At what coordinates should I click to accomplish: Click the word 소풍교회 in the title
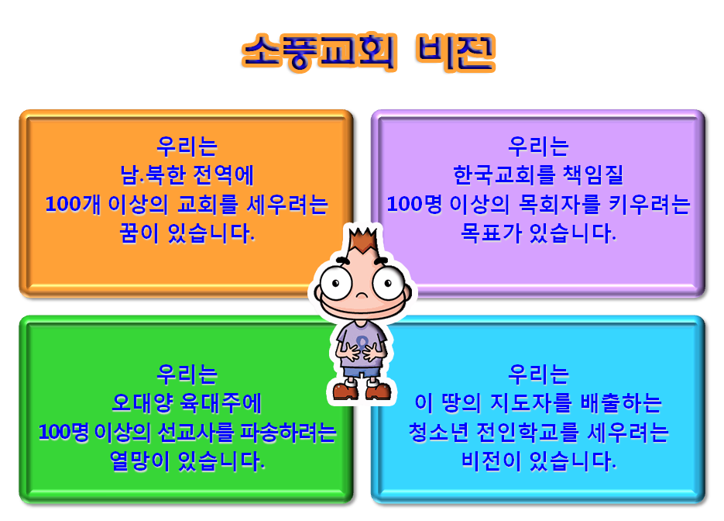coord(318,52)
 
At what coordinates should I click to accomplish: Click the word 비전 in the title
coord(456,52)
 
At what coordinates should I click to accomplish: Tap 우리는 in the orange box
coord(187,146)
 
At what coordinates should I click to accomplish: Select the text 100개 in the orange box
coord(73,204)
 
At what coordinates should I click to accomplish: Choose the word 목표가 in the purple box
coord(491,233)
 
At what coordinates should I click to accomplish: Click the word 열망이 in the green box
coord(139,461)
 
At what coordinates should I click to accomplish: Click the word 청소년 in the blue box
coord(438,432)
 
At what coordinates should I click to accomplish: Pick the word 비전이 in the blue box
coord(491,461)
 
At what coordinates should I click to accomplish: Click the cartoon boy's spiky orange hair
coord(363,240)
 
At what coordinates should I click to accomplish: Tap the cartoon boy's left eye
coord(336,282)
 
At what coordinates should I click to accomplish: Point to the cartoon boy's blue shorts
coord(362,372)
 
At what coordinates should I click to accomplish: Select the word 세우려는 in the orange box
coord(287,204)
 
